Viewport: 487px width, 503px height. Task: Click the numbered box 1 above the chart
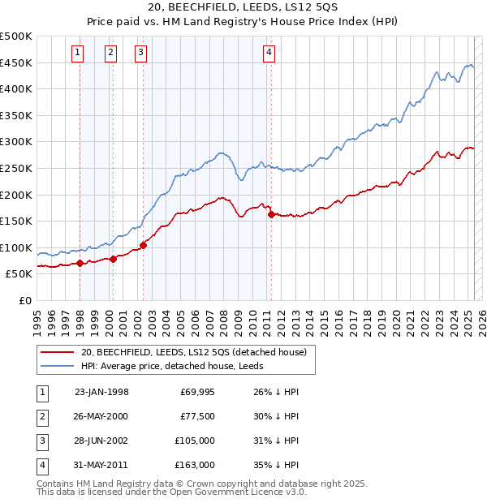pyautogui.click(x=77, y=54)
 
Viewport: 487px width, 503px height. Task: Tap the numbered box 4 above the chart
pyautogui.click(x=269, y=54)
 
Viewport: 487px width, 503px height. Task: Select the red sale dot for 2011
pyautogui.click(x=271, y=214)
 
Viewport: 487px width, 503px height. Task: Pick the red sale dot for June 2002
pyautogui.click(x=143, y=244)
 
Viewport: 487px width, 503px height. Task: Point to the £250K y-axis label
pyautogui.click(x=16, y=168)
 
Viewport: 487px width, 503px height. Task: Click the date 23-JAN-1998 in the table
pyautogui.click(x=101, y=392)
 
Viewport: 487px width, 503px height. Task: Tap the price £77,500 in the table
pyautogui.click(x=197, y=416)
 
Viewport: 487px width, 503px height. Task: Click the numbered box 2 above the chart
pyautogui.click(x=110, y=54)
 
